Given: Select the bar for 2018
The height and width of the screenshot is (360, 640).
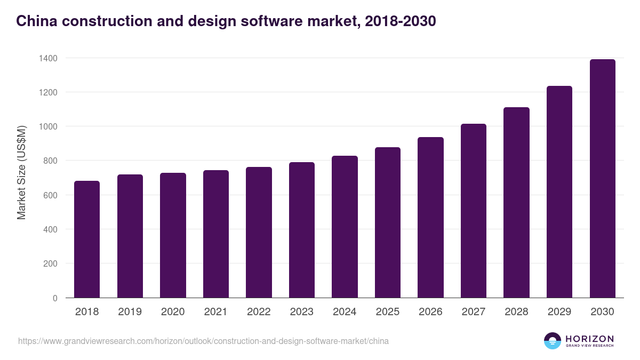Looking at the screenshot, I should pos(87,239).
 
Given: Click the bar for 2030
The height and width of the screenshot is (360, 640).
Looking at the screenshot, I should pos(602,179).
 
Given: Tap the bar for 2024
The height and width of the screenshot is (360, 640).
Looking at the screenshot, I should pos(345,227).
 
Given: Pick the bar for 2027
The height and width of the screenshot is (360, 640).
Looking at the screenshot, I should pos(474,211).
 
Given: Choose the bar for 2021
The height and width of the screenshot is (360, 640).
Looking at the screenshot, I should pos(215,234).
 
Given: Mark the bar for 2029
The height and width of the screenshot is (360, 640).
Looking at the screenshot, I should pos(559,192).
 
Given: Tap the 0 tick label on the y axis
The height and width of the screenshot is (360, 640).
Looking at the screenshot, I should pos(55,298).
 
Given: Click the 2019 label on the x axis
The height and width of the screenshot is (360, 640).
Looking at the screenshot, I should pos(130,312).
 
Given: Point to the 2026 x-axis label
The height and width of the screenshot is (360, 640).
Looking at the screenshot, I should pos(430,312).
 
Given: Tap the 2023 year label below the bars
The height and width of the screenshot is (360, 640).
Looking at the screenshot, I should pos(301,312).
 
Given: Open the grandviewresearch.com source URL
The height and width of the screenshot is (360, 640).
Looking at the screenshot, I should pos(203,341).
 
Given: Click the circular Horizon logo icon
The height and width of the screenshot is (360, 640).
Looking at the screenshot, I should pos(553,341).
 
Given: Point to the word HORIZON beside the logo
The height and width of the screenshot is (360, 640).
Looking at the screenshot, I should pos(589,339).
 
